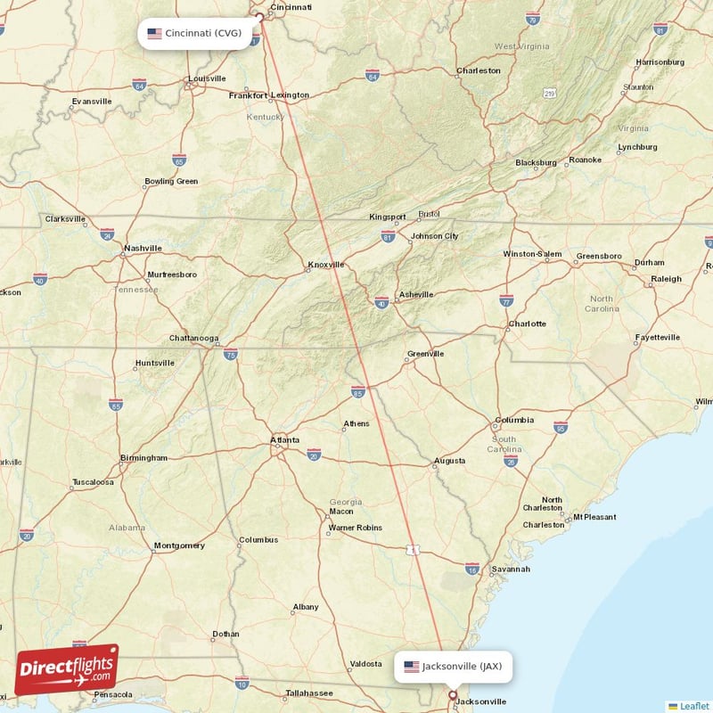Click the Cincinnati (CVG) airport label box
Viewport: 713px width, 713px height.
pyautogui.click(x=194, y=34)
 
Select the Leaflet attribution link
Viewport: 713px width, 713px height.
pyautogui.click(x=689, y=706)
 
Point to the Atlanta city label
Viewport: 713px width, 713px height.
pyautogui.click(x=285, y=439)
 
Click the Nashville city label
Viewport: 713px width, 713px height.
pyautogui.click(x=143, y=248)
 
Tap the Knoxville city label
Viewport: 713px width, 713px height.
pyautogui.click(x=325, y=264)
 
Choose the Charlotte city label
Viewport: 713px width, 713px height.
pyautogui.click(x=527, y=324)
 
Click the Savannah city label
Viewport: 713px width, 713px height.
pyautogui.click(x=511, y=569)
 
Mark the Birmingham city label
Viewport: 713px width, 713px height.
pyautogui.click(x=143, y=458)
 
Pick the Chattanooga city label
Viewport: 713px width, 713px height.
pyautogui.click(x=194, y=339)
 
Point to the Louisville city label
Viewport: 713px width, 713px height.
pyautogui.click(x=206, y=79)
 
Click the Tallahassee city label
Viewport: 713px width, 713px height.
pyautogui.click(x=309, y=693)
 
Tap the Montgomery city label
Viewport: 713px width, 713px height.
pyautogui.click(x=179, y=545)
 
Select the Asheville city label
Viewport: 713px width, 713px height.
pyautogui.click(x=416, y=294)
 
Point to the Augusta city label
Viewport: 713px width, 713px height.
pyautogui.click(x=449, y=461)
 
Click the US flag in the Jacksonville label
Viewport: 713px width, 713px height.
pyautogui.click(x=411, y=666)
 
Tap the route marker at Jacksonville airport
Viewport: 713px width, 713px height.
pyautogui.click(x=452, y=695)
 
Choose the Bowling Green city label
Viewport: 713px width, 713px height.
pyautogui.click(x=171, y=182)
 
